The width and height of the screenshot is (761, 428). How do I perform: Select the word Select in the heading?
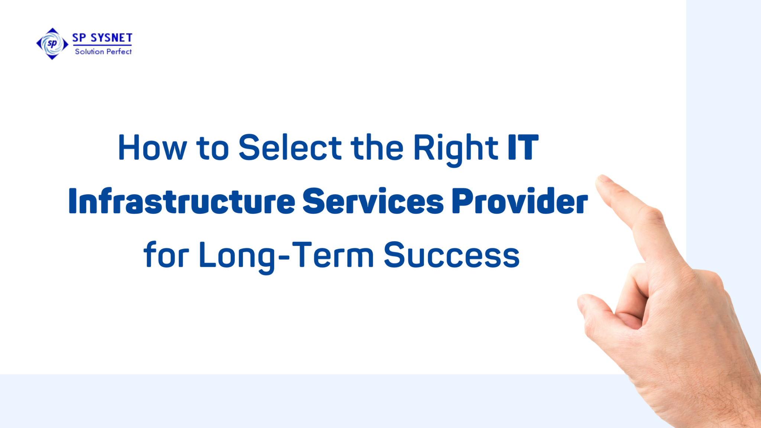[290, 148]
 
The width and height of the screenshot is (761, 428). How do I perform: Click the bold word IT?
[523, 148]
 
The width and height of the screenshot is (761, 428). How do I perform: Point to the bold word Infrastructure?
[182, 201]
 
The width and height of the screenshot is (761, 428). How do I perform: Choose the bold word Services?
[373, 201]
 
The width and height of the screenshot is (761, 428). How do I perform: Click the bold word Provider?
[519, 201]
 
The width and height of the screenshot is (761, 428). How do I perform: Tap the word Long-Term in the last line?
[286, 256]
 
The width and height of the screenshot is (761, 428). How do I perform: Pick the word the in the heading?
[377, 148]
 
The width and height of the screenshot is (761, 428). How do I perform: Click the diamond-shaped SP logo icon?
[52, 44]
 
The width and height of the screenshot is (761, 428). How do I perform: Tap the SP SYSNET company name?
[102, 38]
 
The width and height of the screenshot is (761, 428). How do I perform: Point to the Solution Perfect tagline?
[103, 52]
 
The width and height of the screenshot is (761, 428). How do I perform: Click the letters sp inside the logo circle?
[52, 43]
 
